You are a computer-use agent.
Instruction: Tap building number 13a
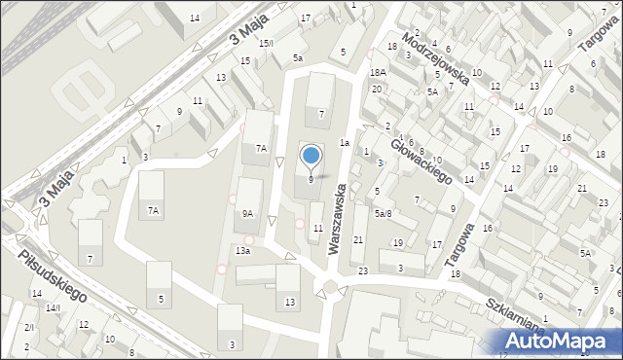(x=242, y=250)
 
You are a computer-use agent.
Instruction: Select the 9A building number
(x=247, y=214)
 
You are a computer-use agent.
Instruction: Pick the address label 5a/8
(x=383, y=213)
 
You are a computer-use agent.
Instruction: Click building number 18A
(x=378, y=73)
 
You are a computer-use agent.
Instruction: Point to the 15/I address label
(x=266, y=43)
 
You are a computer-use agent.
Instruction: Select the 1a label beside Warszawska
(x=345, y=142)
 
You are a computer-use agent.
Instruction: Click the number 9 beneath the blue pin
(x=311, y=179)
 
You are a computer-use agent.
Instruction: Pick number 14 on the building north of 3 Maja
(x=195, y=18)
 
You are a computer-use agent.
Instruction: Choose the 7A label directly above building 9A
(x=261, y=148)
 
